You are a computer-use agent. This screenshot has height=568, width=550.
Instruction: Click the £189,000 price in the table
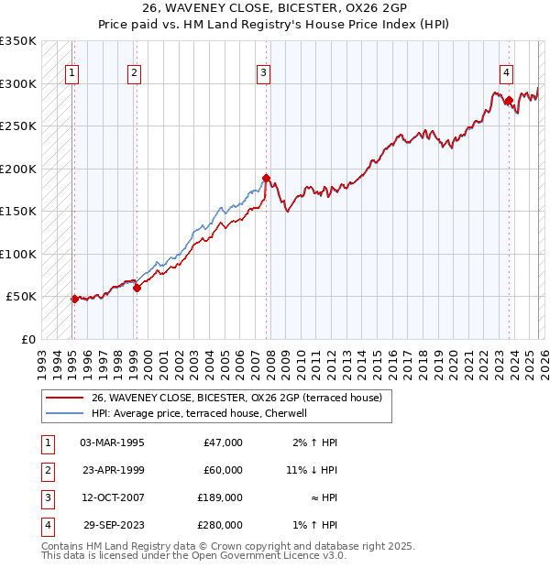coord(221,497)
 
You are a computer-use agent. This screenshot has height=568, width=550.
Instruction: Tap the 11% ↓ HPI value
coord(312,470)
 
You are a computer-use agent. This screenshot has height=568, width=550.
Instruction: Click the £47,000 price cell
coord(223,442)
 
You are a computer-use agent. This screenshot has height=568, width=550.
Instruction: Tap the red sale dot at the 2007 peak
coord(266,178)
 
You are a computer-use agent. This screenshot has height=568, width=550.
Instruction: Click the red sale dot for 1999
coord(137,288)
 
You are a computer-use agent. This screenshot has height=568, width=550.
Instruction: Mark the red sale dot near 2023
coord(508,101)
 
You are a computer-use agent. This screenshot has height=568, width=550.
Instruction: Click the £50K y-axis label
coord(22,297)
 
